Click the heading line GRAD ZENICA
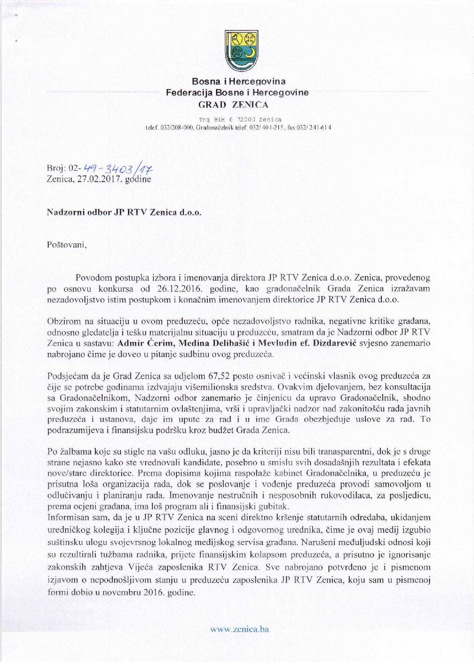(x=237, y=104)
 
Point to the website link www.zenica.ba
(x=240, y=629)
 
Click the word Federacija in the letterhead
(x=189, y=92)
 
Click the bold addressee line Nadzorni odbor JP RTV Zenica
(x=123, y=213)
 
